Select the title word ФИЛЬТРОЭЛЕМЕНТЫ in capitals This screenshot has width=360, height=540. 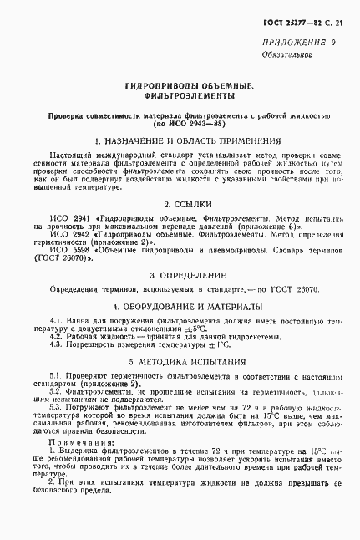182,97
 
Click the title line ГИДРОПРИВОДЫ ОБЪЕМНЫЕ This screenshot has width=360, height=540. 182,86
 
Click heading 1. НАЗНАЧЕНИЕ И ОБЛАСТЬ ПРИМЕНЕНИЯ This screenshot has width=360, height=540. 182,142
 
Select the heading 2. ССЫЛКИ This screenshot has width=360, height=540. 182,205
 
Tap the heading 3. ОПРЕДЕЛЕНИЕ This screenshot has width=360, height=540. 182,274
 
